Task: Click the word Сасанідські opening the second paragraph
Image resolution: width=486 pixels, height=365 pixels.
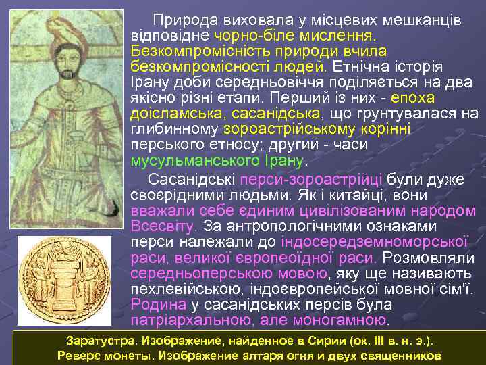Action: coord(187,179)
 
